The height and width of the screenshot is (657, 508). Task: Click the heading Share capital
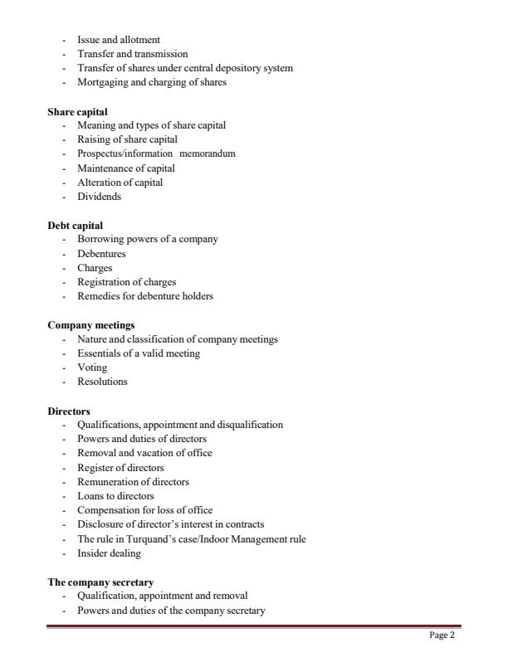tap(77, 111)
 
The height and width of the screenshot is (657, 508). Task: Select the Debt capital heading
tap(75, 225)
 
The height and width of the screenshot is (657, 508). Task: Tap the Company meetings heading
tap(90, 325)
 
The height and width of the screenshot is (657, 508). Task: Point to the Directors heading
tap(69, 411)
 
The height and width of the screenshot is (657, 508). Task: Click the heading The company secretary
tap(100, 582)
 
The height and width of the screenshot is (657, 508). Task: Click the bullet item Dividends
tap(99, 197)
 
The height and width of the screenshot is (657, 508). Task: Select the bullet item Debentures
tap(101, 254)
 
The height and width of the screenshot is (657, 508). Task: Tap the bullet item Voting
tap(92, 367)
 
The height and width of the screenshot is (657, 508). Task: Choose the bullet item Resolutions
tap(102, 382)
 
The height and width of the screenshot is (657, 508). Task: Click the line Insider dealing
tap(109, 553)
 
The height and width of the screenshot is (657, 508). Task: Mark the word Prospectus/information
tap(125, 153)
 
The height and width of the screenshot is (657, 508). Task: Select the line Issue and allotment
tap(119, 40)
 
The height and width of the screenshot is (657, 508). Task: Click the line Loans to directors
tap(115, 496)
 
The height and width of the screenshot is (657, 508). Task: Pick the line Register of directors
tap(120, 468)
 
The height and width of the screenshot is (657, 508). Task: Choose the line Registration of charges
tap(126, 282)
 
